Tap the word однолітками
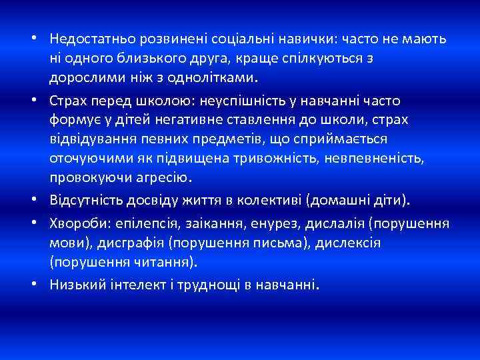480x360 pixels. pos(212,77)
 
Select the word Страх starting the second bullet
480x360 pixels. pos(69,101)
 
